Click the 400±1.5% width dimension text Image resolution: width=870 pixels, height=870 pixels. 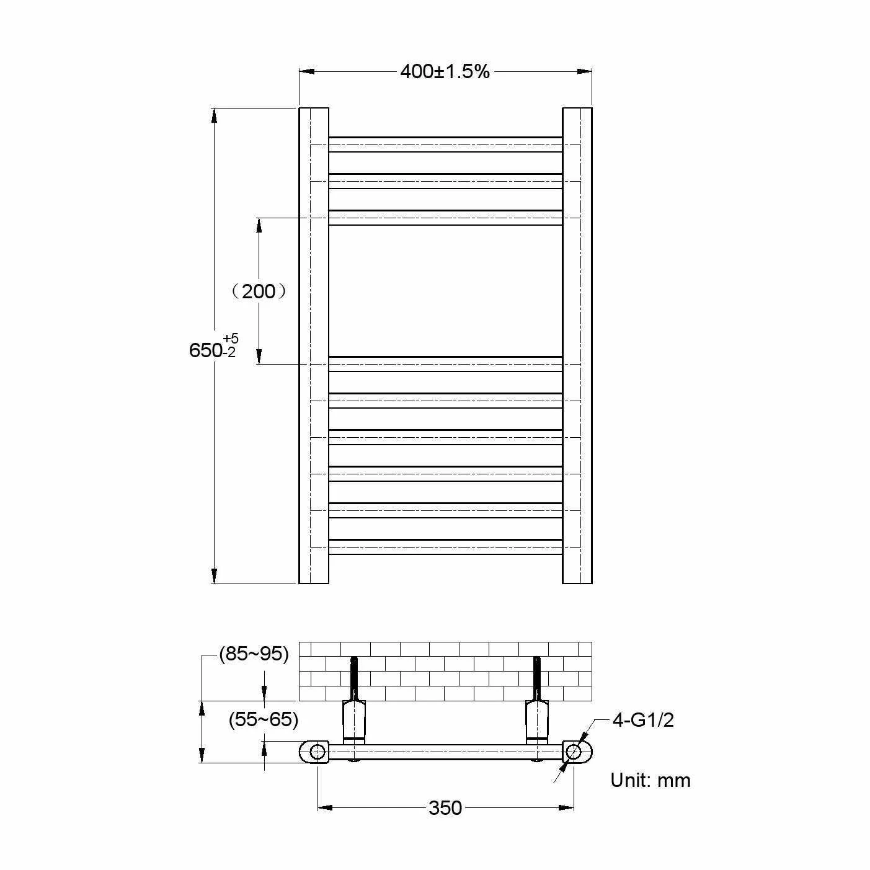tap(445, 72)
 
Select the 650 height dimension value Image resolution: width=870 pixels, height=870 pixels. tap(205, 350)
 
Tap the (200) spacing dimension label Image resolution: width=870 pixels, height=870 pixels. tap(259, 291)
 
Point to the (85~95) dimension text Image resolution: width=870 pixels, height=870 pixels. tap(254, 654)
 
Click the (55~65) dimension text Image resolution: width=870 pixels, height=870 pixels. tap(264, 719)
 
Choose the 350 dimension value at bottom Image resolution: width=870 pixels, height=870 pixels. tap(445, 807)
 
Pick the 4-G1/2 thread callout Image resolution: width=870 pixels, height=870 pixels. tap(643, 720)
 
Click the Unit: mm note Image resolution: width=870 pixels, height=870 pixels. tap(650, 779)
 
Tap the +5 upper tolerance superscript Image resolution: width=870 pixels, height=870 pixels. tap(231, 339)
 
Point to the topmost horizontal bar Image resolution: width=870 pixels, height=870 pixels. tap(445, 144)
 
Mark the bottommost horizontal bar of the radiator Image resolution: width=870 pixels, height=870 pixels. tap(445, 547)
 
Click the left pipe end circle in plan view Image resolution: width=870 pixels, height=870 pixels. tap(317, 752)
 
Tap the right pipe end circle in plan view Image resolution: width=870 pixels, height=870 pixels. tap(574, 752)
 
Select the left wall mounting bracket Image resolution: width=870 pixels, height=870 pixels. tap(354, 722)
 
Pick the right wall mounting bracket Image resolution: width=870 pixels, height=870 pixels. tap(537, 722)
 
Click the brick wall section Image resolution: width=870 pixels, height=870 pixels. tap(445, 672)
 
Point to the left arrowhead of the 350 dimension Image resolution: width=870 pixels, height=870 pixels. tap(325, 807)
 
